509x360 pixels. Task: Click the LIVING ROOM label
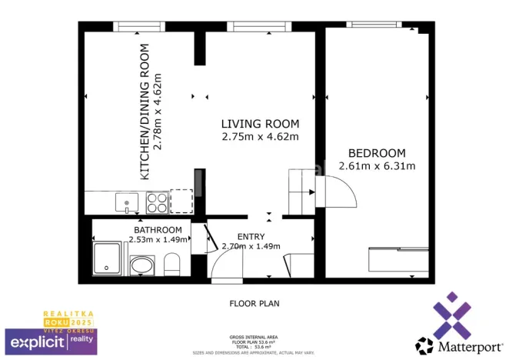coord(260,124)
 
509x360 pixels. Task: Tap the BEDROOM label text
coord(377,153)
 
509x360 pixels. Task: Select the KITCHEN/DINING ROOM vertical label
coord(144,112)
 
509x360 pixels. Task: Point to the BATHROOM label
coord(158,230)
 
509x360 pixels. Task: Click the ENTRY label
coord(251,237)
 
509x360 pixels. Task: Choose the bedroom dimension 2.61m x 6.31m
coord(377,165)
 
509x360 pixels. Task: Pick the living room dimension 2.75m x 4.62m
coord(260,136)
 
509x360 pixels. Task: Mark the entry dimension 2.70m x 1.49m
coord(251,247)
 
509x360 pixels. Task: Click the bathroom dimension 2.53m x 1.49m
coord(158,239)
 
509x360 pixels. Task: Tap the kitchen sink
coord(127,202)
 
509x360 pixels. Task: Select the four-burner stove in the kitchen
coord(157,202)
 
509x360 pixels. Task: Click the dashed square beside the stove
coord(181,202)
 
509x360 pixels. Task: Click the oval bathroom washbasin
coord(142,266)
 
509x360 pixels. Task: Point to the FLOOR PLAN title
coord(254,303)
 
